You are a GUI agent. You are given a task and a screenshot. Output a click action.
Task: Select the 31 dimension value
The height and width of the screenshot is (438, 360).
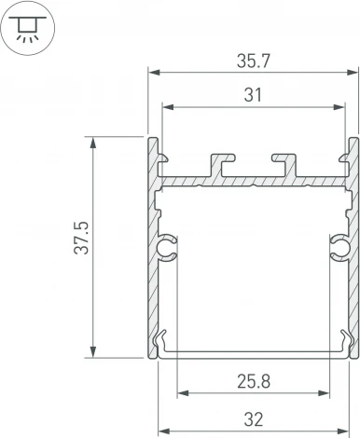point(253,95)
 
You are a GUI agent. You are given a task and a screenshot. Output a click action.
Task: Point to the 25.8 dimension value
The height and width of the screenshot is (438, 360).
point(253,379)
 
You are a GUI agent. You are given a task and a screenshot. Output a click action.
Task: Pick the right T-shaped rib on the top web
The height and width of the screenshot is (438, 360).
point(283,161)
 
